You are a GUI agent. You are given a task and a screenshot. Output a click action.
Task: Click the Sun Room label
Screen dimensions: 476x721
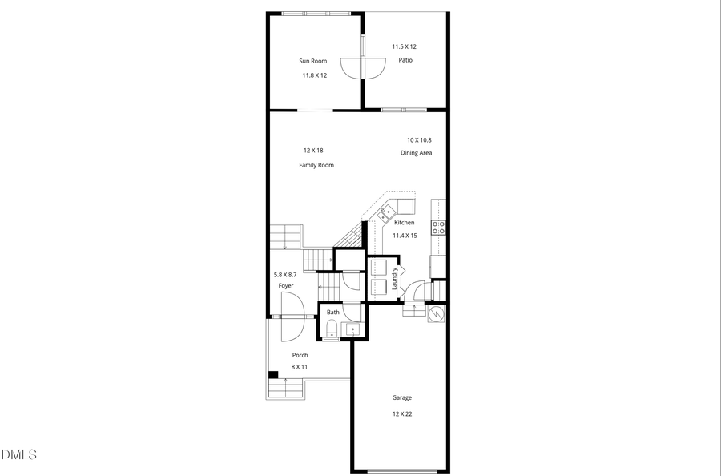point(313,61)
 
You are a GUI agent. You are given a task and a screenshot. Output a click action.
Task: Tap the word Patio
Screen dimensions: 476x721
point(405,60)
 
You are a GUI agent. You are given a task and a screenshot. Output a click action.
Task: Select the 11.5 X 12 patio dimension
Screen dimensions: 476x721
point(404,46)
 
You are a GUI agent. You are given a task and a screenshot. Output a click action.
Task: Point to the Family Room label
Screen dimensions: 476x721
point(316,165)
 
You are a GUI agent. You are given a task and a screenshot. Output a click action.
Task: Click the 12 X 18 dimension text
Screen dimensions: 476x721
point(313,151)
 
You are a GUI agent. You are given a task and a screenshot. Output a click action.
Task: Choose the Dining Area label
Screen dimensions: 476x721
point(417,153)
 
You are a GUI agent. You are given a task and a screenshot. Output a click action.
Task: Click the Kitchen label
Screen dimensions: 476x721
point(405,222)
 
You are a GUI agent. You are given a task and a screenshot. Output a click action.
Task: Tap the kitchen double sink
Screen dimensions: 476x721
point(386,213)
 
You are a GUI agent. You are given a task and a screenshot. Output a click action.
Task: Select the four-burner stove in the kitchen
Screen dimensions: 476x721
point(439,228)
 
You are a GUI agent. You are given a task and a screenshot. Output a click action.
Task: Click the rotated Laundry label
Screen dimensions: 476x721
point(395,276)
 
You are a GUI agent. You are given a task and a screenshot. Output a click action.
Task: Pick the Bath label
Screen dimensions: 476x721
point(333,312)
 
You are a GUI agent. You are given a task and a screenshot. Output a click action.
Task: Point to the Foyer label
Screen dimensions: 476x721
point(286,286)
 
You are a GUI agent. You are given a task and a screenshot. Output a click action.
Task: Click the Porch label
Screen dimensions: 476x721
point(300,355)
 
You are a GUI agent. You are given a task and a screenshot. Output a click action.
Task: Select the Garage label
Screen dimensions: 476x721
point(402,397)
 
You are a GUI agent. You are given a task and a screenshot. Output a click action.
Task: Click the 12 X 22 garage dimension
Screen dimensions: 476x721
point(402,413)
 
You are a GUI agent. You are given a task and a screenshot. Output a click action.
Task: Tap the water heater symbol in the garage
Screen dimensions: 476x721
point(437,313)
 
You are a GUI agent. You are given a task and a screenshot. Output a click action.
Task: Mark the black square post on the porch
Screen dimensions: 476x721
point(273,373)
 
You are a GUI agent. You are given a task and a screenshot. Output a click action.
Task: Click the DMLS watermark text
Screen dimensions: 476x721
point(19,455)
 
